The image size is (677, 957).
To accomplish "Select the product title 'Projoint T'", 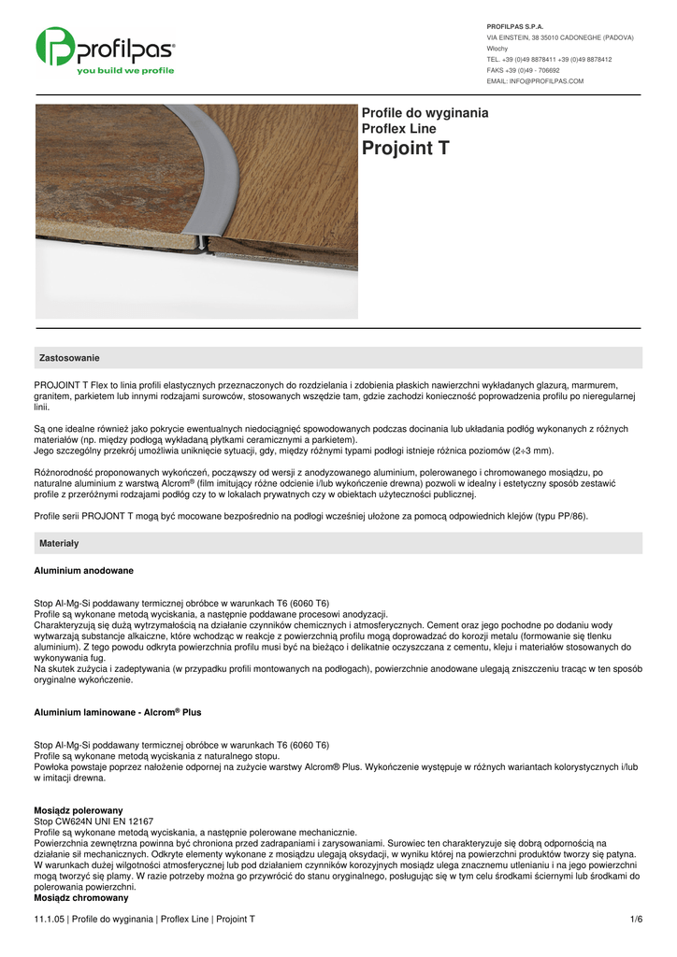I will point(405,149).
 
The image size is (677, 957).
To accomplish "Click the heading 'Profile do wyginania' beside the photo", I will point(425,113).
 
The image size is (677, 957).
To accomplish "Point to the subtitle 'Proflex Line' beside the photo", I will point(398,129).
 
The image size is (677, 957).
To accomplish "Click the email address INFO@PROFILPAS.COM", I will point(535,81).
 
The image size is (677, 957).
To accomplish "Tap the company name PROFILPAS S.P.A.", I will point(515,26).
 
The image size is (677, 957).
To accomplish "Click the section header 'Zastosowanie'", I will point(69,358).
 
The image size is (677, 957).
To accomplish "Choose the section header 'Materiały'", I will point(59,543).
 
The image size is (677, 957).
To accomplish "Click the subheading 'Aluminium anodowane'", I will point(83,570).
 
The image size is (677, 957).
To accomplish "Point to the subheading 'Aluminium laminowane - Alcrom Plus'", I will point(118,712).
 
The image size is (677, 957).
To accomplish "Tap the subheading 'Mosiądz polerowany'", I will point(79,809).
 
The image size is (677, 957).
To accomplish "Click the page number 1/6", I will point(637,920).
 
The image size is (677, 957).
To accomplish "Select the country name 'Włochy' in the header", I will point(497,49).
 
